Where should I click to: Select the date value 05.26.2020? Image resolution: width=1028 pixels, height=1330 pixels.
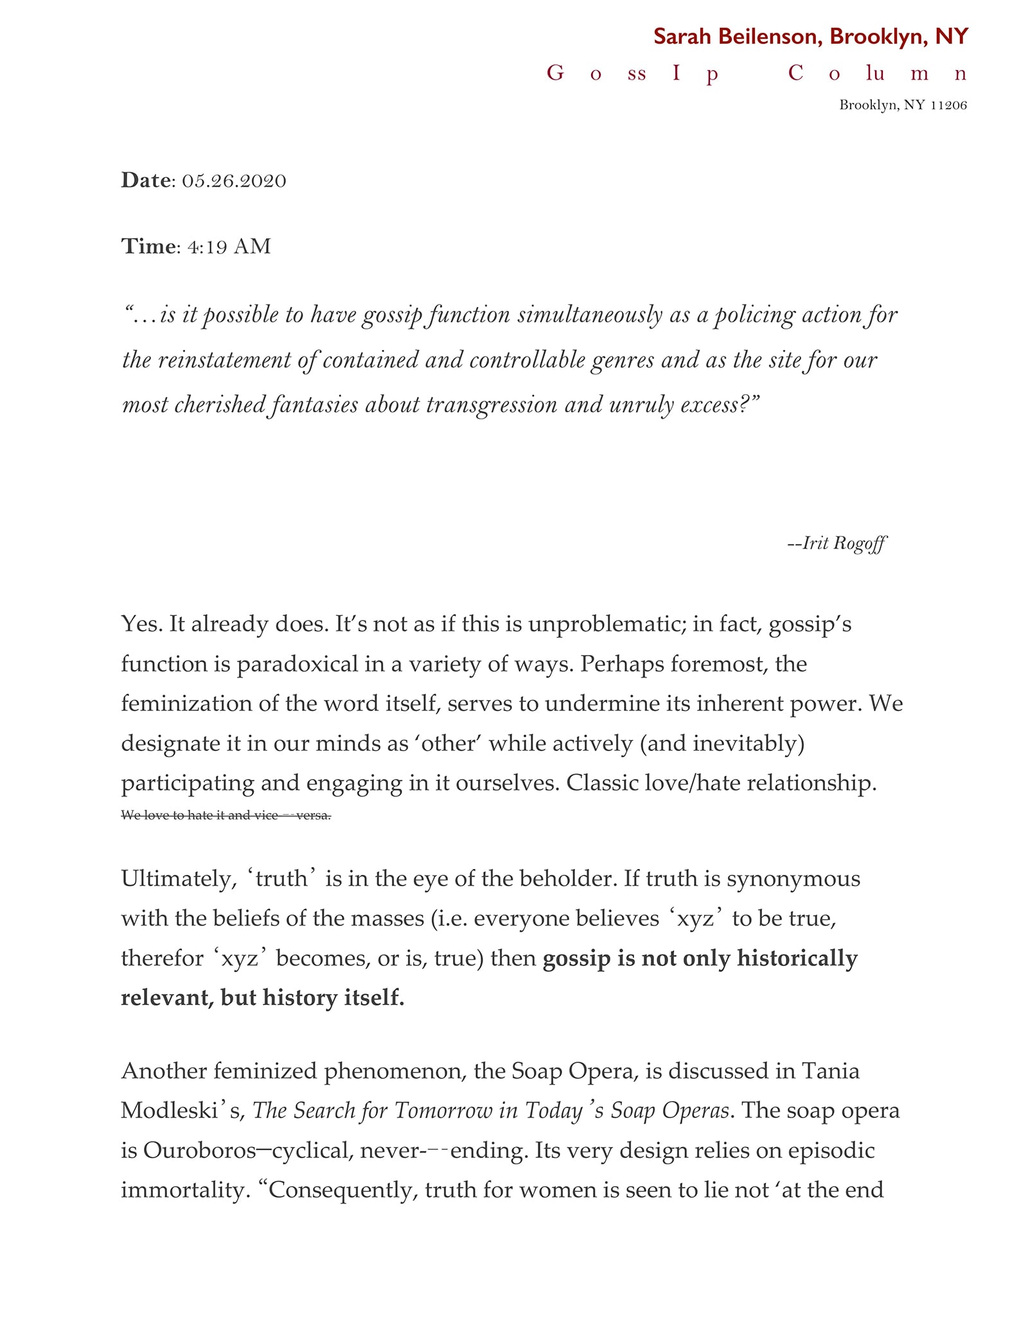tap(234, 181)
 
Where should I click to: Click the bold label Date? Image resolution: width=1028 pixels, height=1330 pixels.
tap(146, 180)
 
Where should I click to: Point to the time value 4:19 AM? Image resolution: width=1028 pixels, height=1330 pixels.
tap(229, 247)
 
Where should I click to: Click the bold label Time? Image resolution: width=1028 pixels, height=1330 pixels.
tap(148, 247)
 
